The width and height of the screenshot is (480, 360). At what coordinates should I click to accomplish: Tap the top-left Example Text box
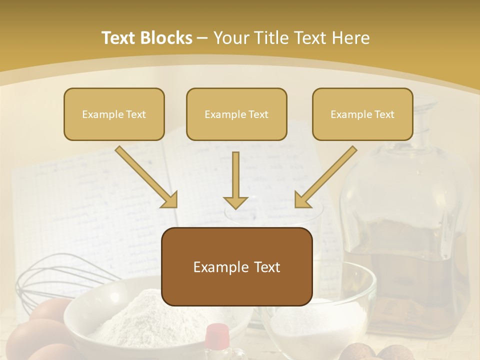(114, 114)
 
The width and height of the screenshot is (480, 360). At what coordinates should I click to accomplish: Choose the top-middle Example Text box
(236, 114)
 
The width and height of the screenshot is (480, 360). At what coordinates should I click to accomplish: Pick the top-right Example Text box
(362, 114)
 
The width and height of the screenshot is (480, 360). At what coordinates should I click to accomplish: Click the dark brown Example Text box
(236, 266)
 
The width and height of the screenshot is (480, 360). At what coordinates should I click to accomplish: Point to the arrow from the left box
(146, 177)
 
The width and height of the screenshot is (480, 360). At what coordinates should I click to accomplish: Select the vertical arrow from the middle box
(235, 180)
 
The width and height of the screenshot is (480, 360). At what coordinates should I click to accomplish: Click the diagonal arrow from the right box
(325, 177)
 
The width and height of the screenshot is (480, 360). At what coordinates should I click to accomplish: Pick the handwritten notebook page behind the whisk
(75, 210)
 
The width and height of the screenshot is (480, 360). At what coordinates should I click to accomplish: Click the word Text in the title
(119, 38)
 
